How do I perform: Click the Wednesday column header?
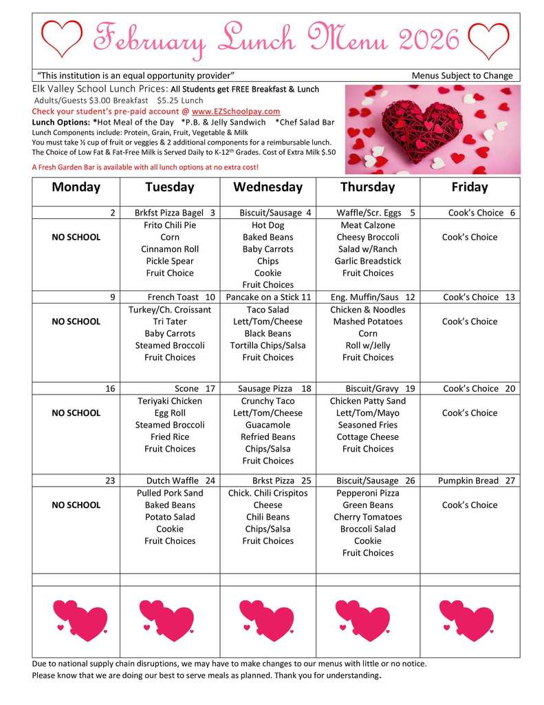tap(268, 187)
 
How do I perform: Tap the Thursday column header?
tap(368, 187)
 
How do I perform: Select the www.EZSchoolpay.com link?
tap(236, 112)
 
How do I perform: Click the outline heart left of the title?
tap(61, 39)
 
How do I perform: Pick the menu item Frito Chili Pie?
tap(170, 225)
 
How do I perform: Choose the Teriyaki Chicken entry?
tap(170, 401)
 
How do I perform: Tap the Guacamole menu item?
tap(268, 425)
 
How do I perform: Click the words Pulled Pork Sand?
tap(170, 493)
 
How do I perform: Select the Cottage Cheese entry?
tap(368, 436)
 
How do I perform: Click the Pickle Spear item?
tap(170, 261)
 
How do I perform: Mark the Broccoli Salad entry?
tap(368, 529)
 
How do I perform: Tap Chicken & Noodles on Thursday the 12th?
tap(368, 310)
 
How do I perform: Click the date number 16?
tap(110, 389)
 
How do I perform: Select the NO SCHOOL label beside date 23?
tap(76, 505)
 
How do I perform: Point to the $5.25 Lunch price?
tap(180, 101)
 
